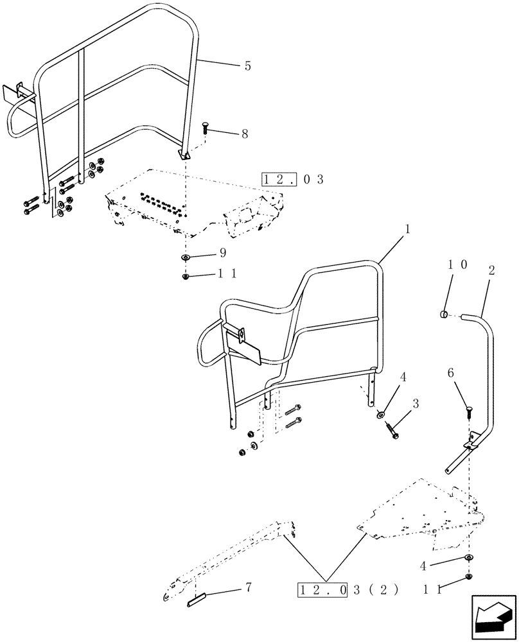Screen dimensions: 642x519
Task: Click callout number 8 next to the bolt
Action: (244, 135)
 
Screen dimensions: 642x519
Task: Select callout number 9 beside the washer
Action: (223, 252)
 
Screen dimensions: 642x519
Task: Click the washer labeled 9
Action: (185, 257)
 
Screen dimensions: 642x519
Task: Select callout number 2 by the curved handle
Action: (491, 271)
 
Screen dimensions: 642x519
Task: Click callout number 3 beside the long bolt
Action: (416, 403)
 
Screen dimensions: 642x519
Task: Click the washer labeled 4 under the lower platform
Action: (470, 557)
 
